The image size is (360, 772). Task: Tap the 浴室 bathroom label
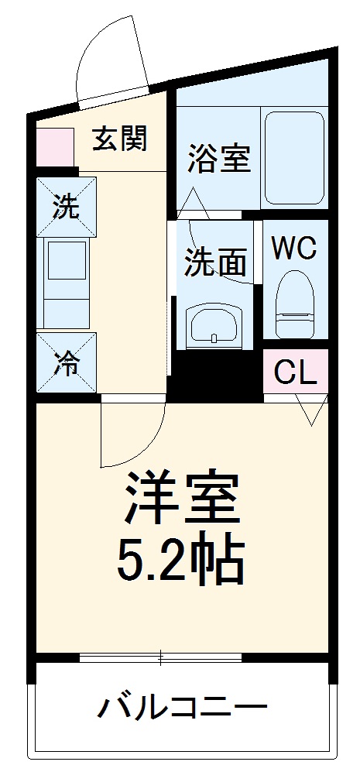pos(219,160)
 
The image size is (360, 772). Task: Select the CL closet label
pos(296,373)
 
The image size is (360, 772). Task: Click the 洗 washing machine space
pos(66,208)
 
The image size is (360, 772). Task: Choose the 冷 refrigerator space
pos(66,363)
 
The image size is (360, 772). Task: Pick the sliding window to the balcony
pos(160,658)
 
